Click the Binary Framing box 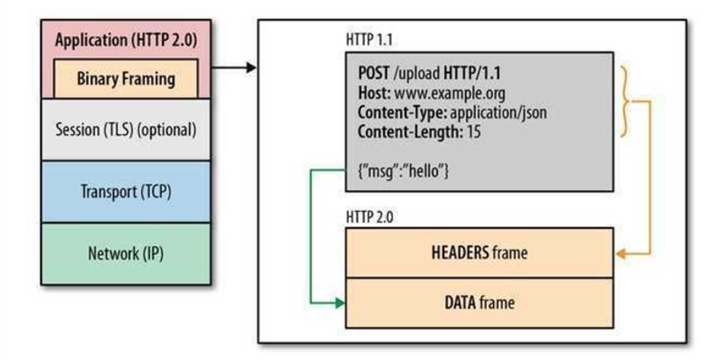tap(126, 79)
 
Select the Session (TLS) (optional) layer tap(126, 130)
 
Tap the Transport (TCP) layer tap(126, 191)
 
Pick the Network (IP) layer tap(126, 253)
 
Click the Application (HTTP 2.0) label tap(126, 40)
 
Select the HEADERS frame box tap(480, 253)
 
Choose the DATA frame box tap(480, 303)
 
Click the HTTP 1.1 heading tap(369, 39)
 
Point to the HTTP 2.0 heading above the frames tap(369, 217)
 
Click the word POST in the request tap(374, 73)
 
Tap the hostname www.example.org tap(449, 93)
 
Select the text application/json tap(498, 112)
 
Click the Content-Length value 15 tap(473, 132)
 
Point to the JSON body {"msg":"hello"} tap(403, 171)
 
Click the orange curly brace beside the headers tap(625, 101)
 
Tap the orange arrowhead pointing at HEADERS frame tap(621, 254)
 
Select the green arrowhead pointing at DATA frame tap(340, 304)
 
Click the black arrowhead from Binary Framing tap(251, 68)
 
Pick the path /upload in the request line tap(417, 74)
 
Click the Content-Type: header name tap(402, 112)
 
